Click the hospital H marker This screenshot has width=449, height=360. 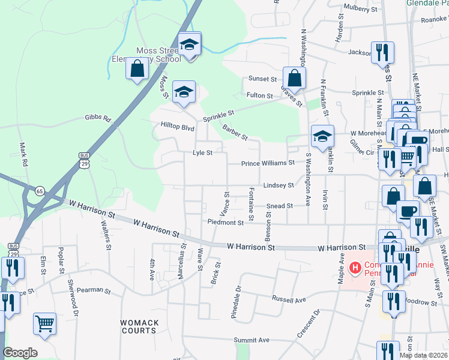coord(355,267)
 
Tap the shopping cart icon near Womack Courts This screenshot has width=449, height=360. coord(44,324)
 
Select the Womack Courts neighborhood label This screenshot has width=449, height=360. coord(140,326)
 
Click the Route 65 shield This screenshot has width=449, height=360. coord(40,191)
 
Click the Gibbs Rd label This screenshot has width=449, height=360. coord(98,119)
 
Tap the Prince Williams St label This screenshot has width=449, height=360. coord(268,163)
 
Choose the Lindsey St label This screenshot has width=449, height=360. coord(279,186)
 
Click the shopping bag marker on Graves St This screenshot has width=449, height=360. coord(294,77)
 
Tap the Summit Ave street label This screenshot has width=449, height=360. coord(252,340)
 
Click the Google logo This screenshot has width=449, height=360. coord(20,353)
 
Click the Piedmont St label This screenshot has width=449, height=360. coord(225,222)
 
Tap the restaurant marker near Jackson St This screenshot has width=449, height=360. coord(382,53)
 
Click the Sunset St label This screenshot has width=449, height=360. coord(262,79)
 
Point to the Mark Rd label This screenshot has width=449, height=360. coord(23,154)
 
